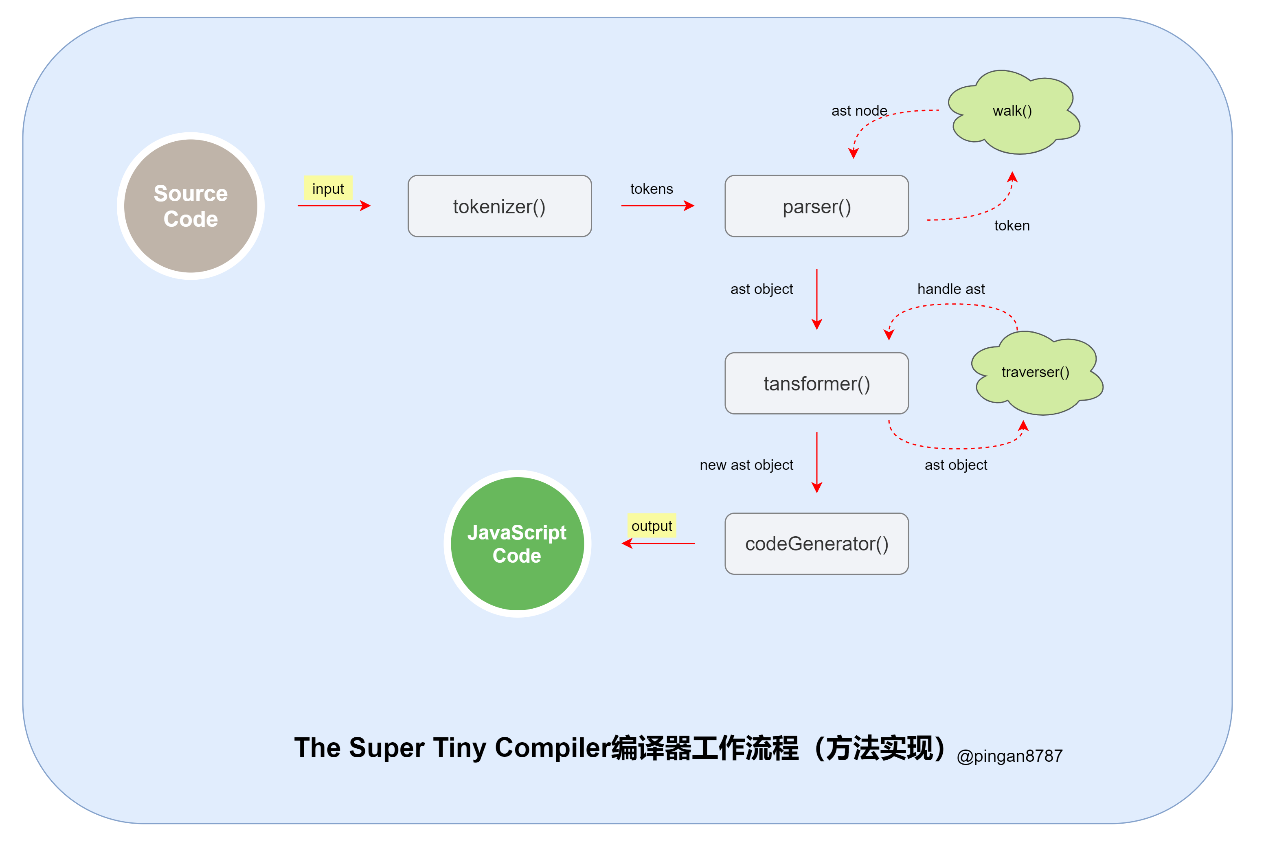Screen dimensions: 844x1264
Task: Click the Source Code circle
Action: point(191,206)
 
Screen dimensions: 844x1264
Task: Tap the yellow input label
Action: point(327,189)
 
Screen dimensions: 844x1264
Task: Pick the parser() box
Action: point(816,206)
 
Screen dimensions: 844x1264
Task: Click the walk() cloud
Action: point(1012,112)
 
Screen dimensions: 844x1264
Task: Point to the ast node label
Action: point(859,110)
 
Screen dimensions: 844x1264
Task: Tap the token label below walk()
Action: point(1011,226)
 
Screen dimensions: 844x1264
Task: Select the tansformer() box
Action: point(816,383)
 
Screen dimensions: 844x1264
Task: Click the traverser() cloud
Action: point(1035,373)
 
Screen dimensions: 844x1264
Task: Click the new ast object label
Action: point(746,465)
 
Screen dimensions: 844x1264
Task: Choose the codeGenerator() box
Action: point(816,544)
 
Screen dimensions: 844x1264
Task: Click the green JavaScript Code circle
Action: point(517,544)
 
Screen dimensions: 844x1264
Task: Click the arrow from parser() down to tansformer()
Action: point(816,299)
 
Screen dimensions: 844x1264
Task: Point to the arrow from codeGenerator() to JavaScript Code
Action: point(658,544)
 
